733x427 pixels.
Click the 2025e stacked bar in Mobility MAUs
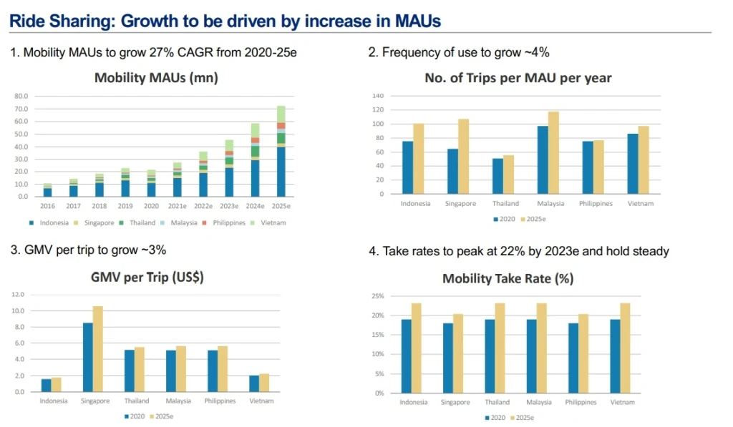pos(281,152)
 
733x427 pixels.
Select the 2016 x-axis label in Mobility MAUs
pos(47,206)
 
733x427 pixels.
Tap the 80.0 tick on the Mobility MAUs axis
pos(21,96)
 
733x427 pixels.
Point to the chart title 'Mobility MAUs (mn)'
pos(156,77)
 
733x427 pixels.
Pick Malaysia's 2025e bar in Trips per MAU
pos(553,153)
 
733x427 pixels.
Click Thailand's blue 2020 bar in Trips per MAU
pos(497,176)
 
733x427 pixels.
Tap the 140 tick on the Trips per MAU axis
pos(378,96)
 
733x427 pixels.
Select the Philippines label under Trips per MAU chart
pos(596,204)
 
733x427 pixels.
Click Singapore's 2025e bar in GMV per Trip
pos(97,349)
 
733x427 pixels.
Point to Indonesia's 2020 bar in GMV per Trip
pos(47,386)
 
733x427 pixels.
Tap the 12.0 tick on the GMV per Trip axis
pos(18,295)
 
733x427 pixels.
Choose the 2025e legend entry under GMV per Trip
pos(161,416)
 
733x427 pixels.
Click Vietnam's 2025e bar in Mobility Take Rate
pos(625,348)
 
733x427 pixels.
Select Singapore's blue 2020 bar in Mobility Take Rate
pos(448,358)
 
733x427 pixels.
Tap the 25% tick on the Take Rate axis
pos(378,296)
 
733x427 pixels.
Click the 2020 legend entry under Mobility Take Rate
pos(495,418)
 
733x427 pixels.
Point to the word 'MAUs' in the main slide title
pos(417,21)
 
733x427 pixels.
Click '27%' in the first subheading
pos(160,52)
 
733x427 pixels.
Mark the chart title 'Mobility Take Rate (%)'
pos(508,279)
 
